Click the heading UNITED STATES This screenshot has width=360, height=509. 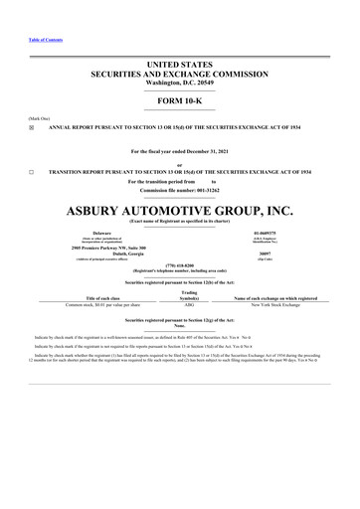click(180, 65)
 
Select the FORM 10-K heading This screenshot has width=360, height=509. click(180, 102)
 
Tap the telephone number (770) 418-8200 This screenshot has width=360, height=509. click(179, 266)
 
